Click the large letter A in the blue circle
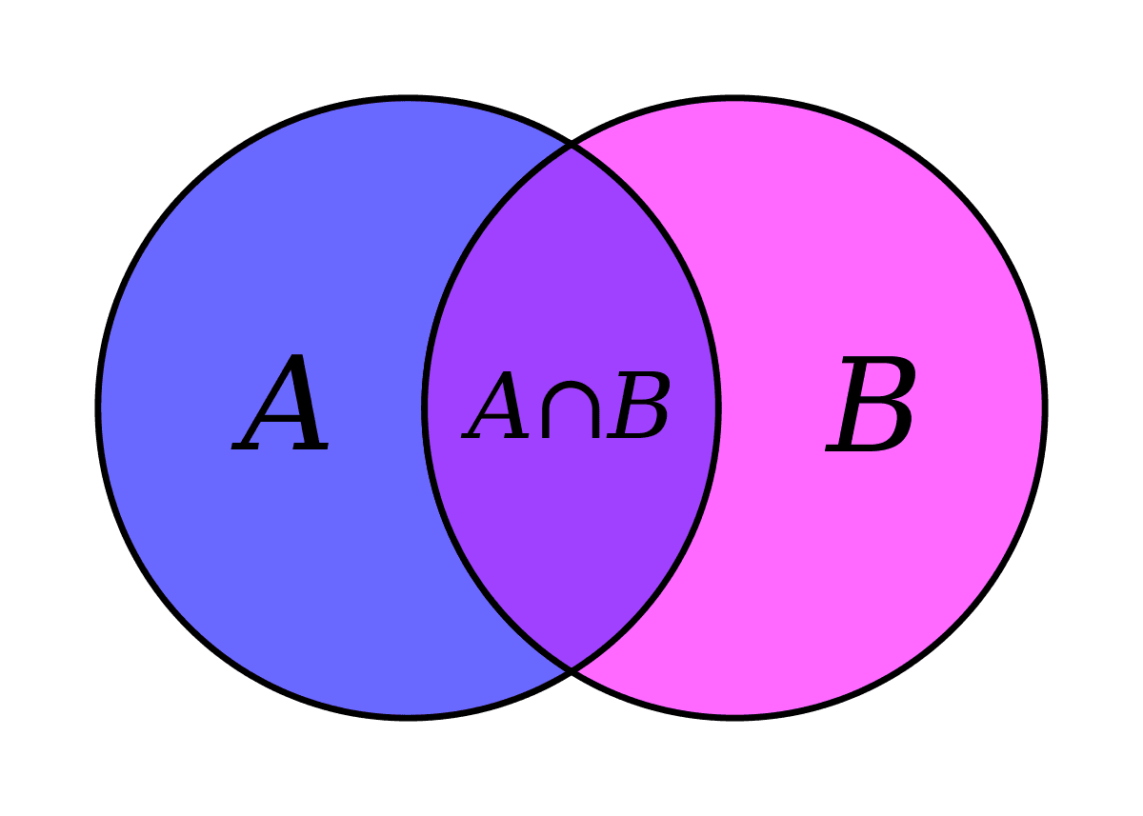[x=280, y=403]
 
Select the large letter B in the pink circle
[x=871, y=404]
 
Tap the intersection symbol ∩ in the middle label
[x=570, y=409]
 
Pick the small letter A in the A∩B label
[x=495, y=405]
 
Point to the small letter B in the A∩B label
[x=638, y=405]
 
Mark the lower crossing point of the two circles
[x=571, y=670]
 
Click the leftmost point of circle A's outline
[x=98, y=408]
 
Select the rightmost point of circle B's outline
[x=1045, y=408]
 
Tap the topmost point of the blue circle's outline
[x=408, y=98]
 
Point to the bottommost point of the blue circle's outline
[x=408, y=718]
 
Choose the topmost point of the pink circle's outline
[x=735, y=98]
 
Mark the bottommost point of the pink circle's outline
[x=735, y=718]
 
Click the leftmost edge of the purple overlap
[x=425, y=408]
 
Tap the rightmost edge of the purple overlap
[x=718, y=408]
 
